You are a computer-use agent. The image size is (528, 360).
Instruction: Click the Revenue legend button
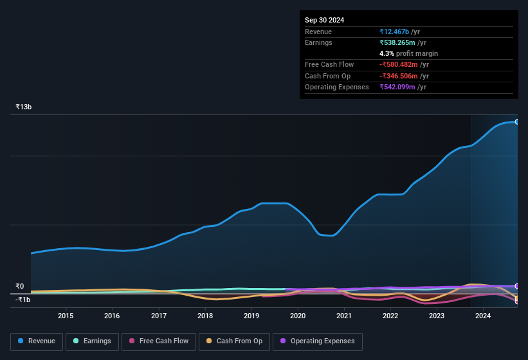pos(37,341)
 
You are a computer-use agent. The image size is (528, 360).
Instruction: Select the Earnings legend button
pos(92,341)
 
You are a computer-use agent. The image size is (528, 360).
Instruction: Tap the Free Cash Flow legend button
pos(159,341)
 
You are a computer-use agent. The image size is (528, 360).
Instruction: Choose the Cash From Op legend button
pos(234,341)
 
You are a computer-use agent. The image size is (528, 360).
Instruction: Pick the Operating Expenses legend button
pos(318,341)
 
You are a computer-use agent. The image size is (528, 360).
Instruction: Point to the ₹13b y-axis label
pos(24,107)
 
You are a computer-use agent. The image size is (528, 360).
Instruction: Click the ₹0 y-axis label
pos(20,287)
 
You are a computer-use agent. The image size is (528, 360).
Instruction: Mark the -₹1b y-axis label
pos(23,300)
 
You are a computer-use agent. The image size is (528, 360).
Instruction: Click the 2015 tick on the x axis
pos(66,316)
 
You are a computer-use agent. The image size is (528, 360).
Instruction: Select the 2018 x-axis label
pos(205,316)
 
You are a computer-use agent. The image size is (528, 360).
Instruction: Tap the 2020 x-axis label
pos(298,316)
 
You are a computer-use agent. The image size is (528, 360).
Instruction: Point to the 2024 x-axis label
pos(483,316)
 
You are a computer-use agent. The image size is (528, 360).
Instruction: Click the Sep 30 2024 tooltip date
pos(325,20)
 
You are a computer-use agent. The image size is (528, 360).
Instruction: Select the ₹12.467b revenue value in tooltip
pos(399,32)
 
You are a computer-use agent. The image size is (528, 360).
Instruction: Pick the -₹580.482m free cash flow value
pos(403,64)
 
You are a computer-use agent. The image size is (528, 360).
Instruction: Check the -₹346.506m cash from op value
pos(403,76)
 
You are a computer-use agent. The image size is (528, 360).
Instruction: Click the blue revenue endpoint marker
pos(516,122)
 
